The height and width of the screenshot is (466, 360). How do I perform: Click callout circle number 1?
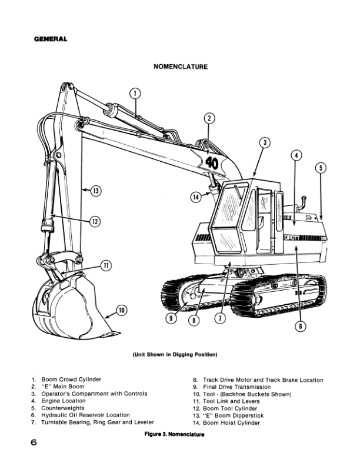[135, 93]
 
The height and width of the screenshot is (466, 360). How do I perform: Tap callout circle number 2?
[209, 118]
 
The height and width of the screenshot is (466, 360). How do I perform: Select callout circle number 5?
[320, 168]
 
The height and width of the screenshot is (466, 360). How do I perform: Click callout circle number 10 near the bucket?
[121, 310]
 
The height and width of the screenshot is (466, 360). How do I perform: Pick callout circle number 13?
[95, 190]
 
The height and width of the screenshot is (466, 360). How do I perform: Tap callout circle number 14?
[196, 197]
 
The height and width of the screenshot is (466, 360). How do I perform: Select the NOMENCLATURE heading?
[180, 67]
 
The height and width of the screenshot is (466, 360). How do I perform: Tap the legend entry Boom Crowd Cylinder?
[74, 380]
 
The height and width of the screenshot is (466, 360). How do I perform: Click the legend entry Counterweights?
[66, 408]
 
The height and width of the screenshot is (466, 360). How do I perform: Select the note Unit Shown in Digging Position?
[175, 355]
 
